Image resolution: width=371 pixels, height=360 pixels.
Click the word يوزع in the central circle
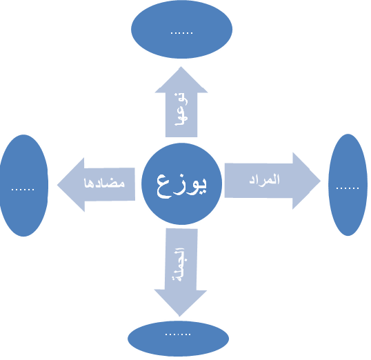click(181, 186)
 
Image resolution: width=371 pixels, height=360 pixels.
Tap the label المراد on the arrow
click(264, 179)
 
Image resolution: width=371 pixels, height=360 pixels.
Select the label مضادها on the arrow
click(104, 183)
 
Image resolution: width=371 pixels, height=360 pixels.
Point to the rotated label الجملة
click(179, 264)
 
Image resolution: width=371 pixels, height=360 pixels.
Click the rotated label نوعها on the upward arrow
click(181, 109)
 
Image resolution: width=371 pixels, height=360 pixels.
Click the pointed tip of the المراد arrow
click(321, 181)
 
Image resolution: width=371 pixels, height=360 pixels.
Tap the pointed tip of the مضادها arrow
click(57, 185)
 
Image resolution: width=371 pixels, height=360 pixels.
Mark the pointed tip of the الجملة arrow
click(179, 316)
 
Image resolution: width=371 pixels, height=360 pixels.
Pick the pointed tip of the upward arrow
click(181, 67)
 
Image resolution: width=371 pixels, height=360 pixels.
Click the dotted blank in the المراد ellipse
click(348, 188)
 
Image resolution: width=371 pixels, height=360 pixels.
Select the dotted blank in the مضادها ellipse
click(23, 190)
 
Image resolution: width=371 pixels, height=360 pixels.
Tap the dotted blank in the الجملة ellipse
click(178, 334)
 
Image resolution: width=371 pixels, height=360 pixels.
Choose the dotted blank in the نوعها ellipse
click(182, 33)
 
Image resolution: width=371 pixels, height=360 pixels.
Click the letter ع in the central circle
click(164, 187)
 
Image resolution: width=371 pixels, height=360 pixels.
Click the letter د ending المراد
click(252, 181)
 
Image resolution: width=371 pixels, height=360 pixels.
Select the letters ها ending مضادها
click(88, 183)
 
